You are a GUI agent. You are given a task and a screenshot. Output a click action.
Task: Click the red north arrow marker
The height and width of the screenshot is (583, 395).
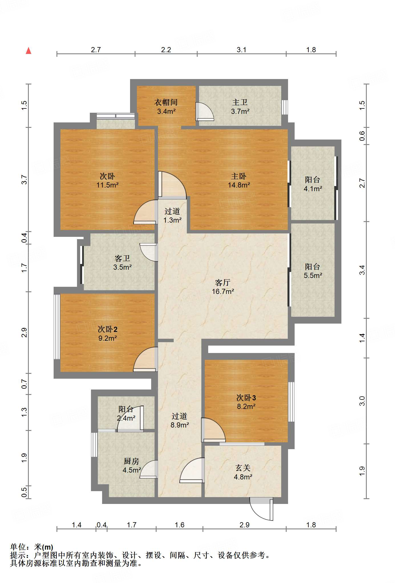[29, 51]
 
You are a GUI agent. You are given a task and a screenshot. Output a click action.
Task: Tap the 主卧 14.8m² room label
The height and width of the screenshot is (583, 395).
[239, 180]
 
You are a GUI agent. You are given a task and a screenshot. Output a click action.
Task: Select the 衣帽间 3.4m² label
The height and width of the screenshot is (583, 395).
[166, 106]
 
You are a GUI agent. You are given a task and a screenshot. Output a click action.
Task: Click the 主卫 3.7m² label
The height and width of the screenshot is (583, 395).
[240, 106]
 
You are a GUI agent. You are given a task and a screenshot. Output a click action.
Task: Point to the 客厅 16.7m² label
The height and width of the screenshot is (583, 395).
[223, 287]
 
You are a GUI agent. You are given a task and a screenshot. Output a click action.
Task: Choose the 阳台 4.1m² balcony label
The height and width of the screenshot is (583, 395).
[313, 184]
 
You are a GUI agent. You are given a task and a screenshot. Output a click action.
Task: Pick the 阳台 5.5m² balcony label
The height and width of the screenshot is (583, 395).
[313, 271]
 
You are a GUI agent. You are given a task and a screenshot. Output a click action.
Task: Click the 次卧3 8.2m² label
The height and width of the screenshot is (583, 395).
[246, 402]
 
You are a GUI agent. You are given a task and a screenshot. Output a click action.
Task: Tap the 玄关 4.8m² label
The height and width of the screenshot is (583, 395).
[243, 472]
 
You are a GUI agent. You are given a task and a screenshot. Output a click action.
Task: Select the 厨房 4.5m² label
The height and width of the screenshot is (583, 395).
[131, 465]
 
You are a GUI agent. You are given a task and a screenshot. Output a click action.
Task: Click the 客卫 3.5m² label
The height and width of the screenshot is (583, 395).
[122, 263]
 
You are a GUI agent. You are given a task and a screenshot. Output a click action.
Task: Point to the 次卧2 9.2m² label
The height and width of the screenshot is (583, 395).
[107, 334]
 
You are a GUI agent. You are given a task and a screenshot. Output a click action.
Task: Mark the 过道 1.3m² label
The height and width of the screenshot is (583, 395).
[172, 215]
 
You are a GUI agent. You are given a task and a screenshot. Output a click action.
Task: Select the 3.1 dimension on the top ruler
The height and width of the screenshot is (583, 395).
[241, 50]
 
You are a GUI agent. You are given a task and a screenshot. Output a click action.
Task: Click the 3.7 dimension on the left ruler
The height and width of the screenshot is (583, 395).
[24, 179]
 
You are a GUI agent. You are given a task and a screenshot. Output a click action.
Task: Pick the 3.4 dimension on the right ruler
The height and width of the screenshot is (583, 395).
[362, 270]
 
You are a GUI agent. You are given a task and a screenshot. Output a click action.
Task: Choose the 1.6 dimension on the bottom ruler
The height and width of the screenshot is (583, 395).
[179, 525]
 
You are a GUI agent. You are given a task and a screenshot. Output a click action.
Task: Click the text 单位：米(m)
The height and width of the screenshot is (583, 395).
[32, 547]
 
